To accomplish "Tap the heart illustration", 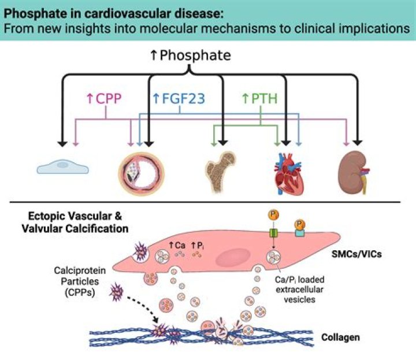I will tap(288, 170).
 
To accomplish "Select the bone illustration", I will tap(220, 169).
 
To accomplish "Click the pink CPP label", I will tap(103, 99).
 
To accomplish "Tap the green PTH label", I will tap(259, 99).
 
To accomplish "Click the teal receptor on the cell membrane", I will tap(300, 233).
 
